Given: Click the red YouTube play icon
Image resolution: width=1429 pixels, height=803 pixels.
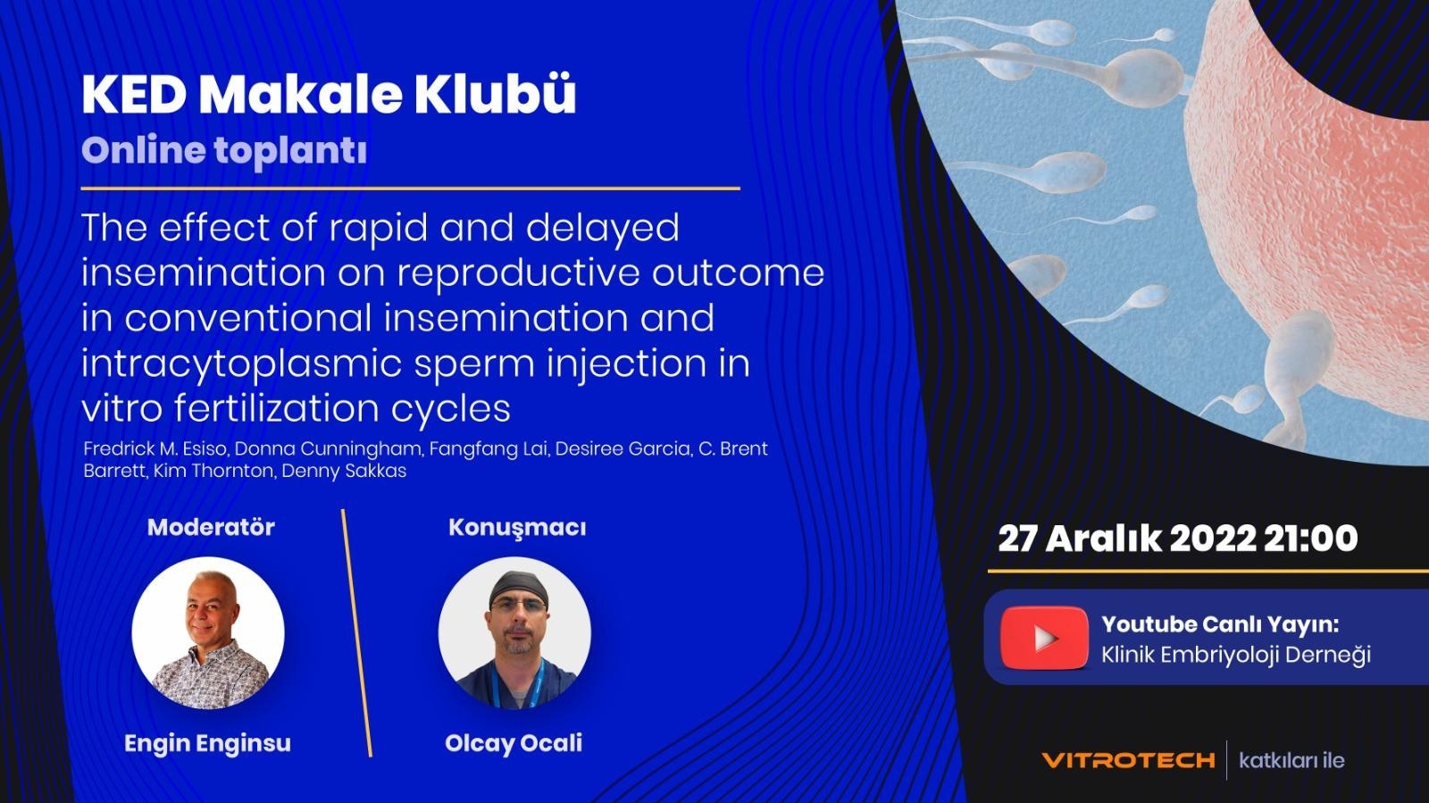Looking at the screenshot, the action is point(1044,638).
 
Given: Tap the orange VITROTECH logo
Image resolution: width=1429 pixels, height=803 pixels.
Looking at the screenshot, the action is point(1129,760).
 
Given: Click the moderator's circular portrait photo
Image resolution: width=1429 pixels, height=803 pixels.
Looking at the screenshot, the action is point(208,632).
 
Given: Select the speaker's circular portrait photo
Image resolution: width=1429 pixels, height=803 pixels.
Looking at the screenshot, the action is point(514,632).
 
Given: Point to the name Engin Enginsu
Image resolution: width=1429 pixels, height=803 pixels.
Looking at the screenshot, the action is point(207,744).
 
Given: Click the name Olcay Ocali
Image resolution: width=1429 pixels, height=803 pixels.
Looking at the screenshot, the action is point(514,744).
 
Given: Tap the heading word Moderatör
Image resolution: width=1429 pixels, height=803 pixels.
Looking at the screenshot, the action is point(211,528).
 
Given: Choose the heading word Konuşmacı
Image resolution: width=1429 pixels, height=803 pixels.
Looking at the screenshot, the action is point(517,528).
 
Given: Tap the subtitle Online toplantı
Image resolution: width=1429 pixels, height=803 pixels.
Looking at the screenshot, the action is point(224,151).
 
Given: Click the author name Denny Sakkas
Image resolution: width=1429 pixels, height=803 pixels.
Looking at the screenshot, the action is point(344,472).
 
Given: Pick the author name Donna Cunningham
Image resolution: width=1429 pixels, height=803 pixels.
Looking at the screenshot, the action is point(328,449).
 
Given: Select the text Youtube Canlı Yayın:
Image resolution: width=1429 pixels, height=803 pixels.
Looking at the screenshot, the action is point(1219,625).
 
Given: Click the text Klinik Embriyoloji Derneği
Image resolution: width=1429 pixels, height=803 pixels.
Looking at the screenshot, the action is point(1236,655).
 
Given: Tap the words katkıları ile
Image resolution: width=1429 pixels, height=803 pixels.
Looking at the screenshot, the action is point(1291,760).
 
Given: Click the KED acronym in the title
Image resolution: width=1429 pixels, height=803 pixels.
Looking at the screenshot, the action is point(134,95).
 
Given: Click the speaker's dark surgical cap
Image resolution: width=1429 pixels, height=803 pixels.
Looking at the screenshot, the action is point(518,587).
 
